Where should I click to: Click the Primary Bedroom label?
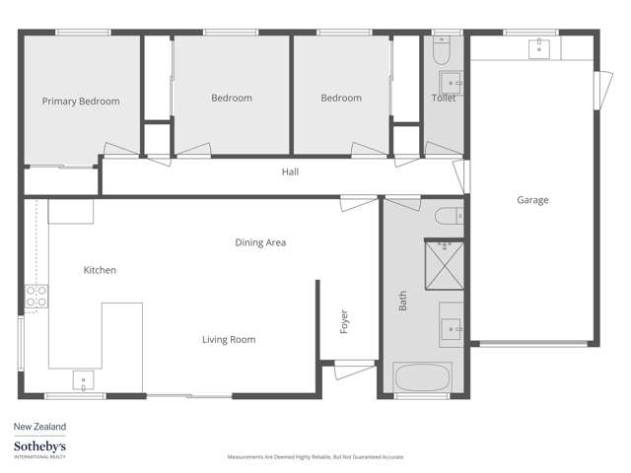81,101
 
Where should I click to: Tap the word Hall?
290,171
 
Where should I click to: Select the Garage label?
532,200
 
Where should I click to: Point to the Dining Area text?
260,241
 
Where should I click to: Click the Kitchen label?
100,270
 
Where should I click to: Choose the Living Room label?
229,340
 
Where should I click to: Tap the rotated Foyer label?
344,321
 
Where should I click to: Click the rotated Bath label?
402,301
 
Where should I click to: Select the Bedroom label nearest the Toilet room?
341,99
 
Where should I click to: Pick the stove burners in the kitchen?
35,298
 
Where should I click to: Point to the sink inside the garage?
540,48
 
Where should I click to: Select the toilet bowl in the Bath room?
445,217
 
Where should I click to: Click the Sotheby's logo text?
39,447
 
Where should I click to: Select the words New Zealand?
39,427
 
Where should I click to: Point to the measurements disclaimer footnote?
315,457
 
